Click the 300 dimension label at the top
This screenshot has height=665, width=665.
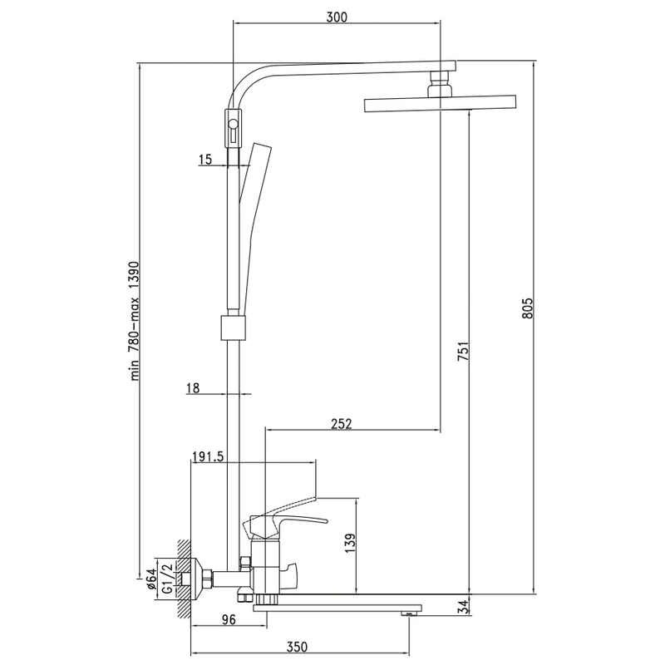pos(337,17)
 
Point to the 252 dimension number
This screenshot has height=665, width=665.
pos(341,423)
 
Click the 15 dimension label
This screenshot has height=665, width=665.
pos(207,158)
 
